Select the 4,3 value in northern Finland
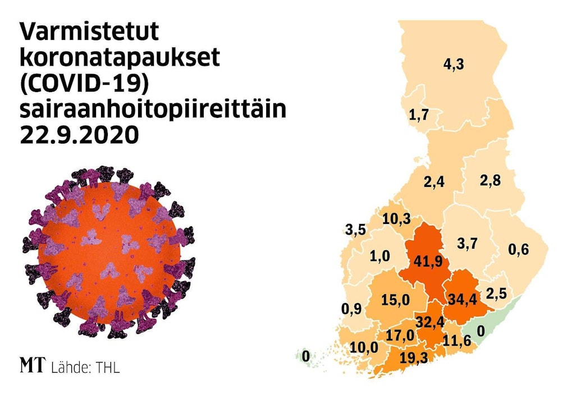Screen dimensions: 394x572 click(453, 65)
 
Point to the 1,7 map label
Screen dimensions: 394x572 click(419, 116)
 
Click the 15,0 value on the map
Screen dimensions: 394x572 click(395, 300)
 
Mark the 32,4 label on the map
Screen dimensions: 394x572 click(430, 322)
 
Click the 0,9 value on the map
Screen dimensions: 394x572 click(352, 308)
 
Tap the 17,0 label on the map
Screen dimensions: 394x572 click(401, 336)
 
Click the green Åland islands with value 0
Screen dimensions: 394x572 click(306, 356)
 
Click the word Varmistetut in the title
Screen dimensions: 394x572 click(89, 34)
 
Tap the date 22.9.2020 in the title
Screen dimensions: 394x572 click(79, 135)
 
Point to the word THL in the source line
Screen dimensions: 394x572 click(108, 368)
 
